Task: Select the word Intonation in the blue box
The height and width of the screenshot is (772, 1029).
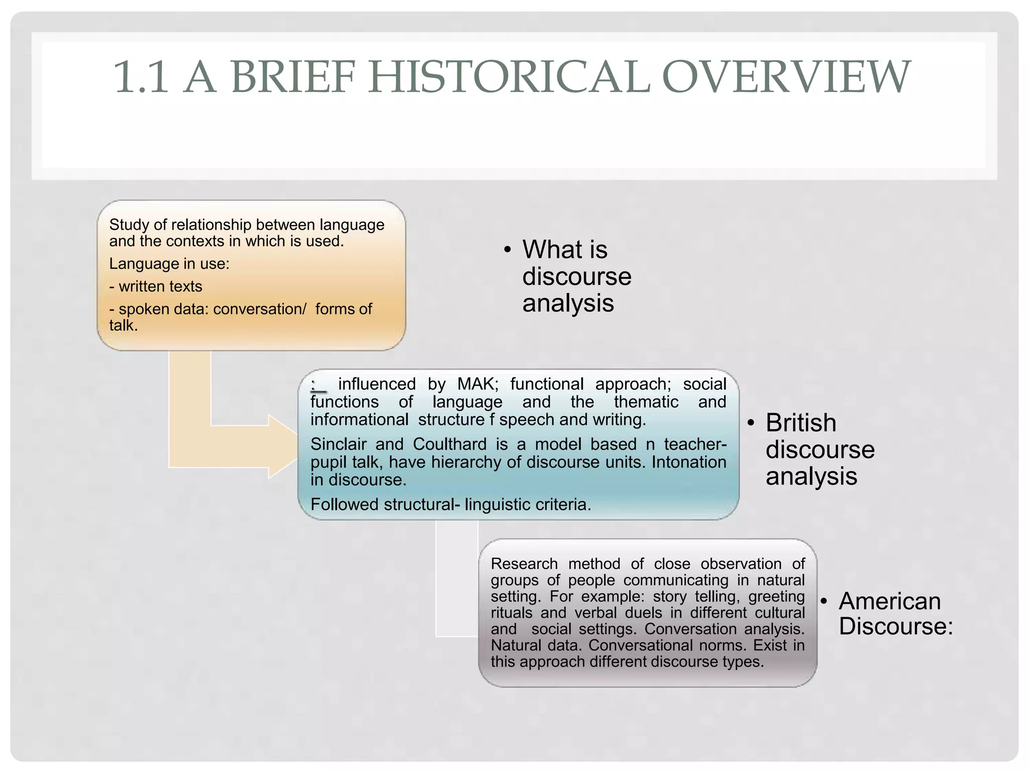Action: (689, 462)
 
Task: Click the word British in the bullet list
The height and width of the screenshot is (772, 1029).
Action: (801, 423)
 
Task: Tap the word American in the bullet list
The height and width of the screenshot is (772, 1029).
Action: (890, 601)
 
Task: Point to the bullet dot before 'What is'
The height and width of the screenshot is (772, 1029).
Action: (507, 250)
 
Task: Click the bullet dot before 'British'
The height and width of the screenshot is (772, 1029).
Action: (751, 423)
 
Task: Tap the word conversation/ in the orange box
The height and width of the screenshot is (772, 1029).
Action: (259, 309)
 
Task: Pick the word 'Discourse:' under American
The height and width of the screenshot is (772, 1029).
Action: (896, 627)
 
